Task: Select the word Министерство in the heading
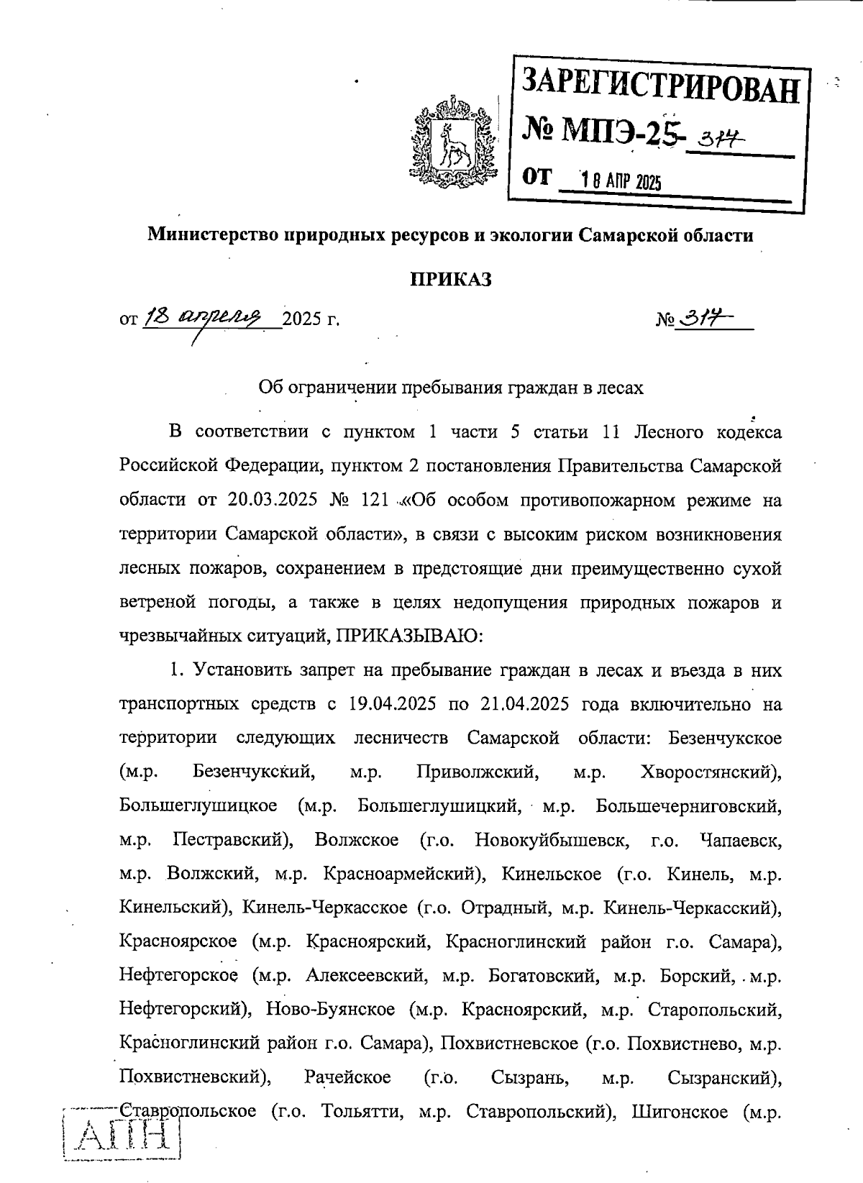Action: click(x=212, y=235)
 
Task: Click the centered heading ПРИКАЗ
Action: click(x=451, y=279)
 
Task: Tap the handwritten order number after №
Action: click(x=705, y=317)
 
